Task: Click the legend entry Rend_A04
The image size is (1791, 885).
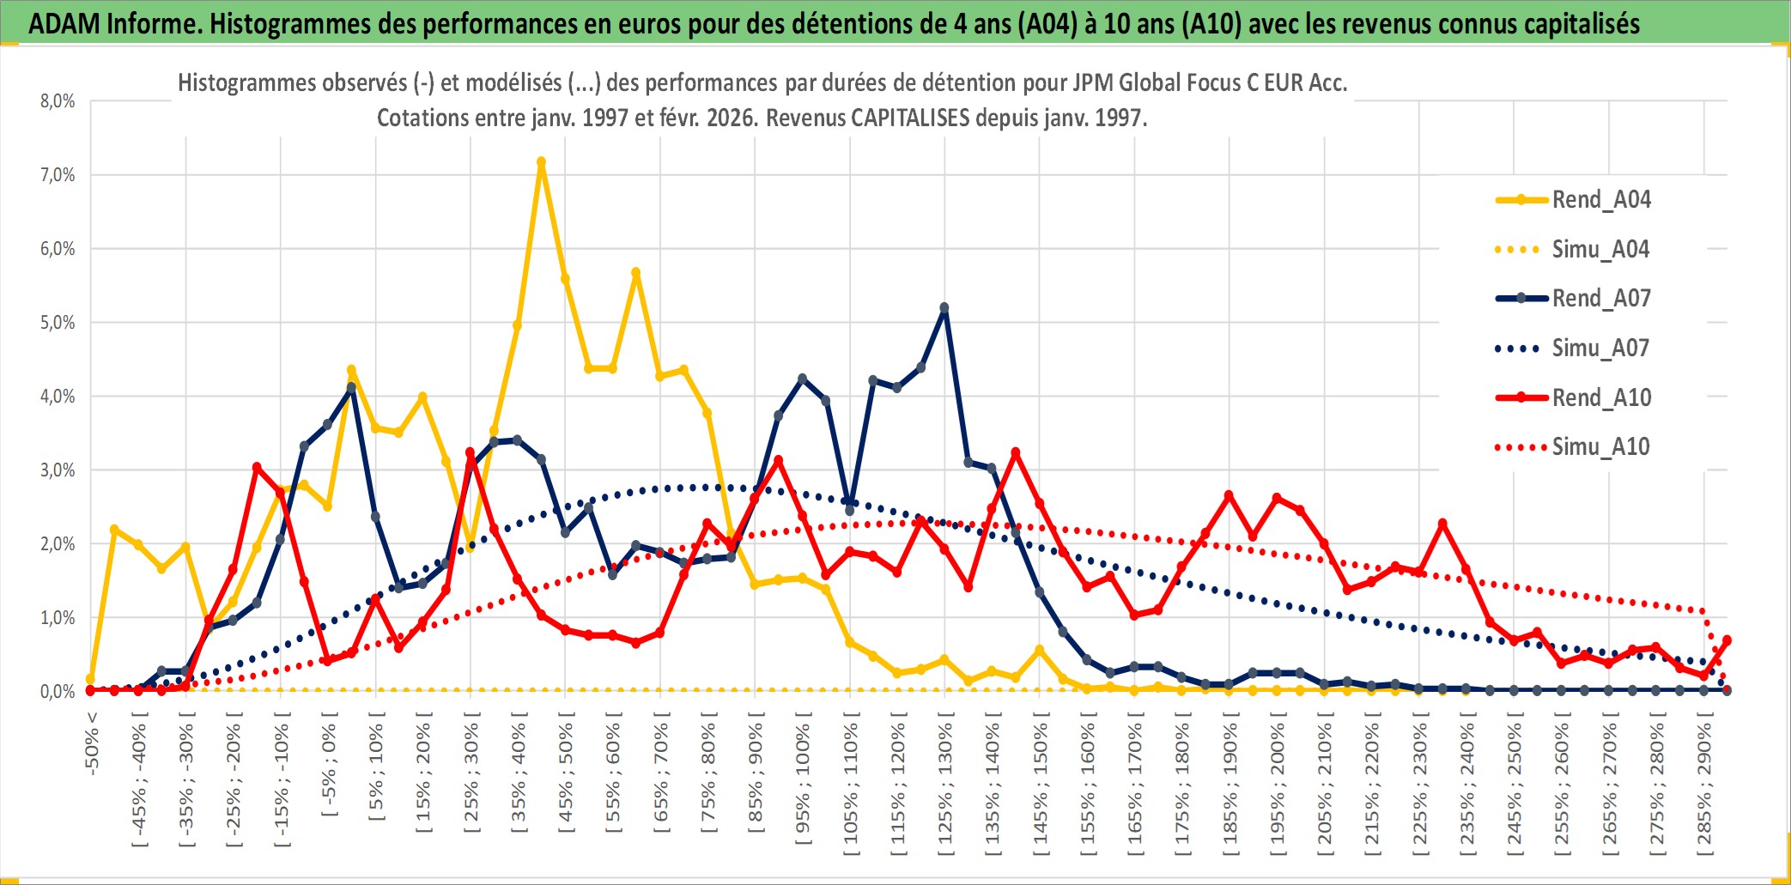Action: click(x=1600, y=200)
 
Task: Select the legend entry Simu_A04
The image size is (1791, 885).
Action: click(x=1600, y=250)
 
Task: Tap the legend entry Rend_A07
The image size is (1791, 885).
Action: click(x=1600, y=299)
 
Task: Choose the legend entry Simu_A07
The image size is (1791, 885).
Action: click(x=1600, y=349)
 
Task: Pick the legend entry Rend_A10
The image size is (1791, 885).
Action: click(x=1600, y=398)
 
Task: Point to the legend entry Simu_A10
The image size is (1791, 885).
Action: click(x=1600, y=447)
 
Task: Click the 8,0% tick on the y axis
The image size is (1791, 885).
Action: click(x=58, y=101)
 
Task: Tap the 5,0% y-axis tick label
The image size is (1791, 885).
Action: click(x=58, y=323)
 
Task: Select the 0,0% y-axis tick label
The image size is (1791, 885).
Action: click(x=58, y=692)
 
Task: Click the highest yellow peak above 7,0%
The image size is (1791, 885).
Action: click(x=541, y=161)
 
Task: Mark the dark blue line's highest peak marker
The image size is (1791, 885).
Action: click(x=944, y=307)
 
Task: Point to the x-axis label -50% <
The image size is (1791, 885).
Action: click(x=92, y=743)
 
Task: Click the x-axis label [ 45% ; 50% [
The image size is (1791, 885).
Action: click(x=566, y=778)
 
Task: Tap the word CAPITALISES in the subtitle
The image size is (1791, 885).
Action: click(x=909, y=118)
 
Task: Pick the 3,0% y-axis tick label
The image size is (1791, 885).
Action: click(x=58, y=470)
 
